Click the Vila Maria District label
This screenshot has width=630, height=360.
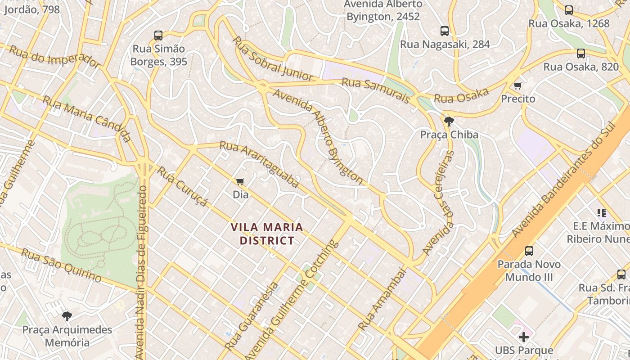[x=267, y=234]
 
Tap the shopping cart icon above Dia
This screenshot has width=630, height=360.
[x=240, y=181]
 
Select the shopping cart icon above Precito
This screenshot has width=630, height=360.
[x=518, y=85]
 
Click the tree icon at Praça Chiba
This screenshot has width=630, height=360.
[x=449, y=121]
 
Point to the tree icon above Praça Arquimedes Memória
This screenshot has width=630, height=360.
[x=67, y=316]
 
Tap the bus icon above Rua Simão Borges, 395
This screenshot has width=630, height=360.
[x=158, y=35]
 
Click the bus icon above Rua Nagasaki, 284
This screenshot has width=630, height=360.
[x=445, y=31]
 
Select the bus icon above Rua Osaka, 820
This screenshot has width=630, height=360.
[x=581, y=53]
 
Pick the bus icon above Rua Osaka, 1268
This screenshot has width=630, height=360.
[x=569, y=10]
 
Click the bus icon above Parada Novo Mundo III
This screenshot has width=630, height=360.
[x=529, y=251]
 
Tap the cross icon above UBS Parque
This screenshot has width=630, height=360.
[x=524, y=337]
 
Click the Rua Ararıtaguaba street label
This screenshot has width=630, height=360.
[x=259, y=164]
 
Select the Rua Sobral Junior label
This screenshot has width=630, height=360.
[x=273, y=59]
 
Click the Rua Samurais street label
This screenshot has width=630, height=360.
[x=376, y=90]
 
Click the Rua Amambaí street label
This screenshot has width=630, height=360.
[x=382, y=299]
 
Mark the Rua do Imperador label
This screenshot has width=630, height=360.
[x=54, y=57]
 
